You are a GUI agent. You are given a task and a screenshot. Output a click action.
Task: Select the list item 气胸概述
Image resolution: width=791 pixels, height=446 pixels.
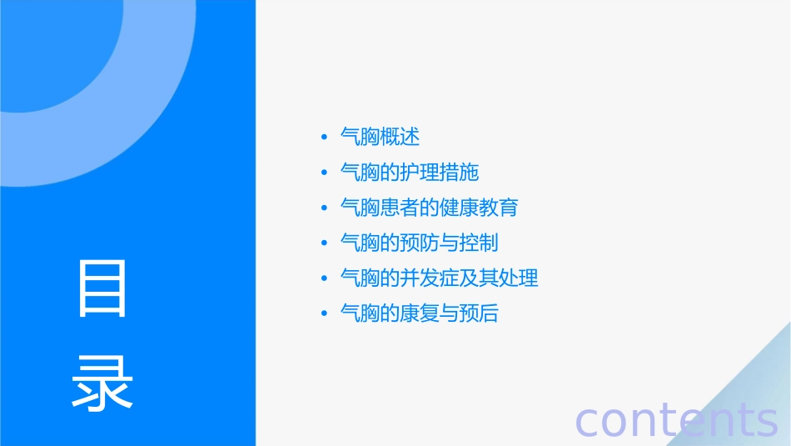pyautogui.click(x=381, y=137)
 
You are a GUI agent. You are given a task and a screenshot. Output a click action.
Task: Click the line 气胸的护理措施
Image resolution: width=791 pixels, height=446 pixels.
pyautogui.click(x=410, y=173)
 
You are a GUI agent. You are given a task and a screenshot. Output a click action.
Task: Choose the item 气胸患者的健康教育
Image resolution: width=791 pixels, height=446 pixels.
pyautogui.click(x=430, y=208)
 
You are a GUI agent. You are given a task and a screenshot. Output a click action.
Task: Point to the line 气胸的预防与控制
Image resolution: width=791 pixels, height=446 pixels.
pyautogui.click(x=420, y=243)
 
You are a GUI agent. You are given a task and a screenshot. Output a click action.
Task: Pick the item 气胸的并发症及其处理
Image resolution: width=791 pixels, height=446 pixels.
pyautogui.click(x=440, y=278)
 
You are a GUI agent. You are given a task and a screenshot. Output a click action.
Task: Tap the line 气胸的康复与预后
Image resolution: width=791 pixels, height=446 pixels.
pyautogui.click(x=420, y=313)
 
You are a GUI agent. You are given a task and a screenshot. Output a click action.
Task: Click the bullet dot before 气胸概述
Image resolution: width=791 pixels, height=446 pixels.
pyautogui.click(x=324, y=138)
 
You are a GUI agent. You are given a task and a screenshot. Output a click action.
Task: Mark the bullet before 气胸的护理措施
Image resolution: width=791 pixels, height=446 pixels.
pyautogui.click(x=324, y=173)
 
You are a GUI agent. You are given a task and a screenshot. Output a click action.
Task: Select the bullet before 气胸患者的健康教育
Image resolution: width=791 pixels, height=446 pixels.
pyautogui.click(x=324, y=208)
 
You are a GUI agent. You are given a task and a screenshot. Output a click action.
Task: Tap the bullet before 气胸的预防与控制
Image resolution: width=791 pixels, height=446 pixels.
pyautogui.click(x=324, y=243)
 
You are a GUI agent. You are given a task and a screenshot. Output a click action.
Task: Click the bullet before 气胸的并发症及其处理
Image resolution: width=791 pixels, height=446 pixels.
pyautogui.click(x=324, y=278)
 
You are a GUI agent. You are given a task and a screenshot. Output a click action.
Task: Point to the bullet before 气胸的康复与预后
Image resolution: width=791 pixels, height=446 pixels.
pyautogui.click(x=324, y=314)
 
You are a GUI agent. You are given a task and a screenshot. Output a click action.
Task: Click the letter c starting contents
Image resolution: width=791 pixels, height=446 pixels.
pyautogui.click(x=588, y=421)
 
